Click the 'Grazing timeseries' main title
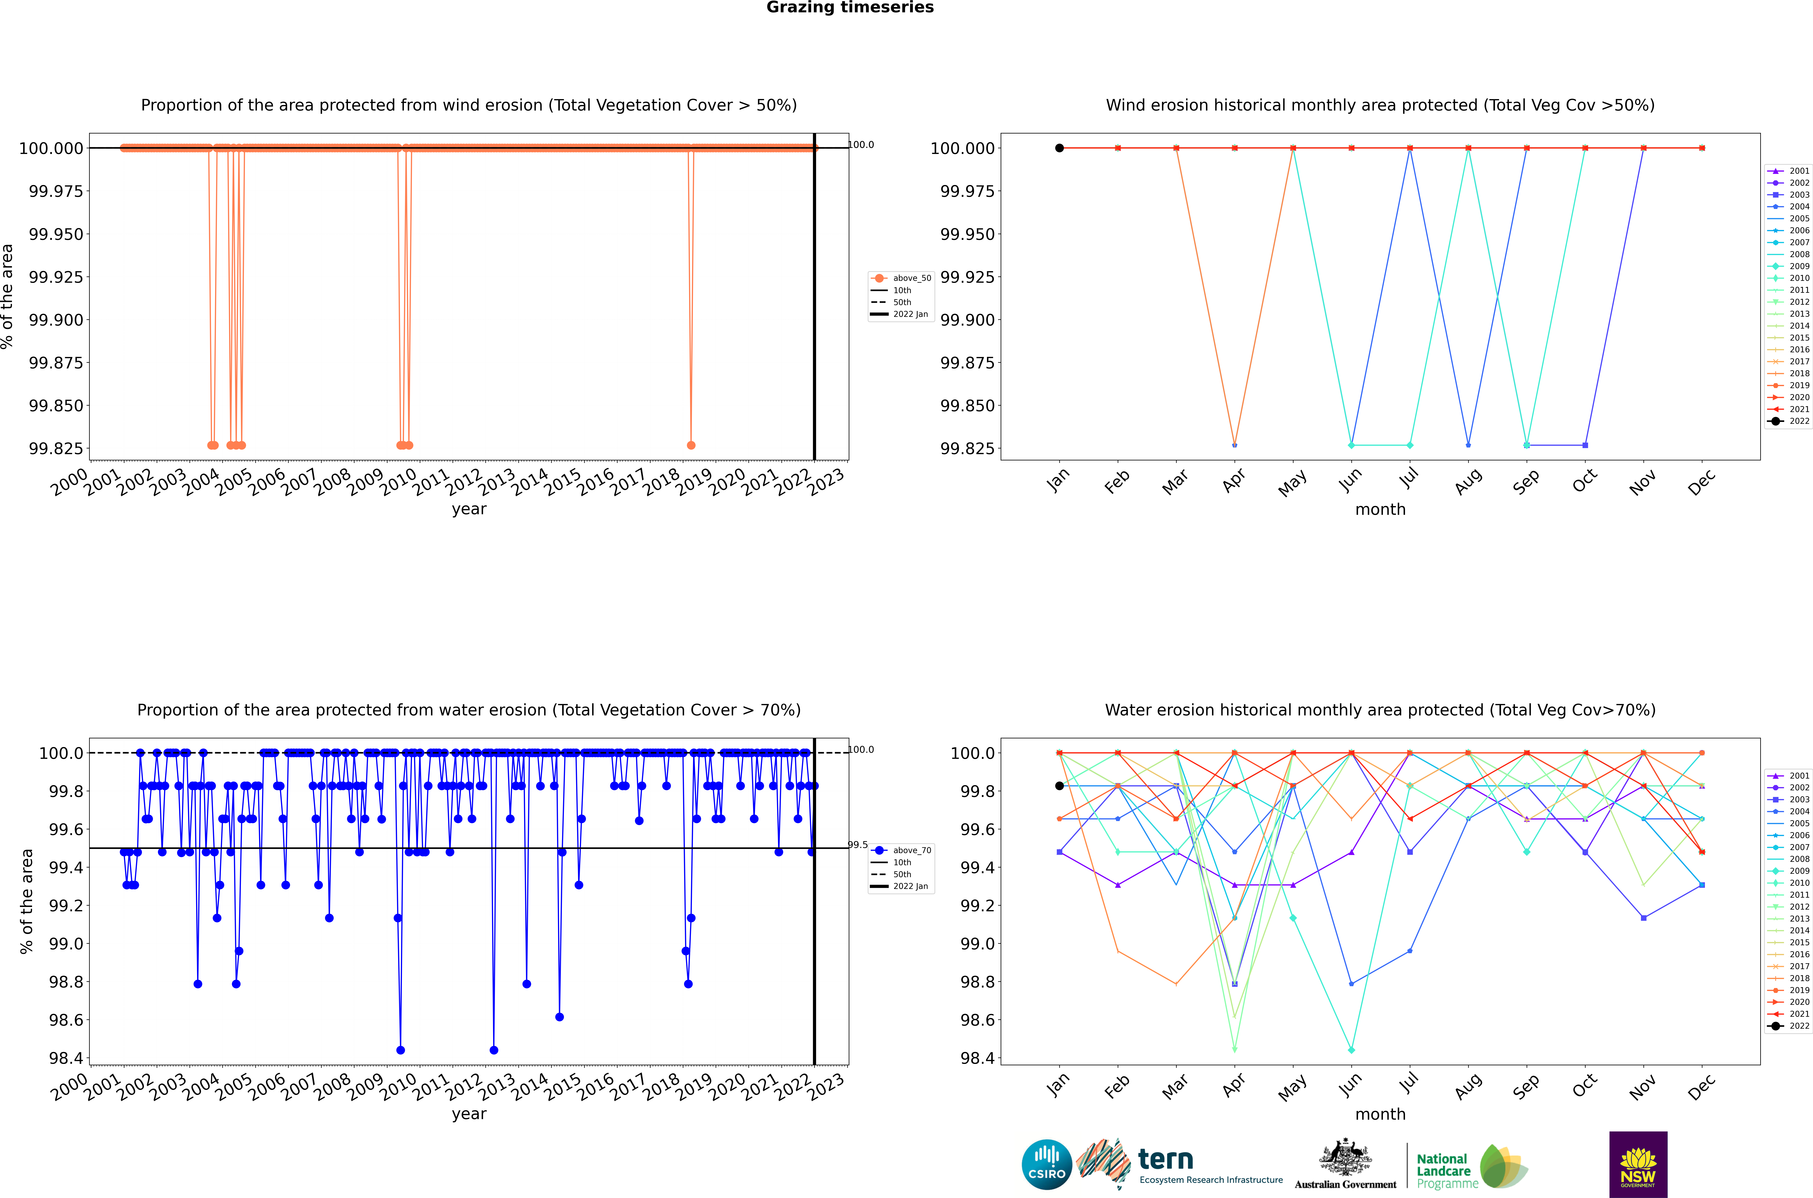click(850, 8)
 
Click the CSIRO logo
click(1047, 1164)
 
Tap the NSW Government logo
click(1638, 1164)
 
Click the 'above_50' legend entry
click(912, 278)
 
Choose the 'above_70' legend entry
click(912, 850)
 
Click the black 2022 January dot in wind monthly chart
click(1059, 148)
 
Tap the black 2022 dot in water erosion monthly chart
click(1059, 785)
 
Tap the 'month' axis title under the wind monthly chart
click(1380, 510)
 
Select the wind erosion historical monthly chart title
click(1380, 105)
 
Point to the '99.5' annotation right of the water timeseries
click(858, 845)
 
